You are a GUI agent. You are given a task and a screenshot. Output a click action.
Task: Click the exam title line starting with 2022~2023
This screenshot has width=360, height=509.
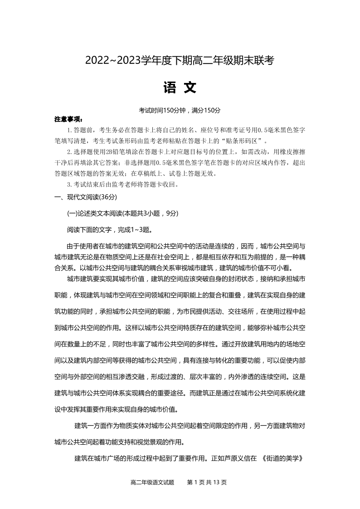tap(180, 60)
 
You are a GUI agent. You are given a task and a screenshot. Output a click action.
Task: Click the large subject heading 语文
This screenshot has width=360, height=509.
tap(180, 87)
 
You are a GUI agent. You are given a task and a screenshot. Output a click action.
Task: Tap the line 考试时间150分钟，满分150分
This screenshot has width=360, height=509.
tap(180, 110)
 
